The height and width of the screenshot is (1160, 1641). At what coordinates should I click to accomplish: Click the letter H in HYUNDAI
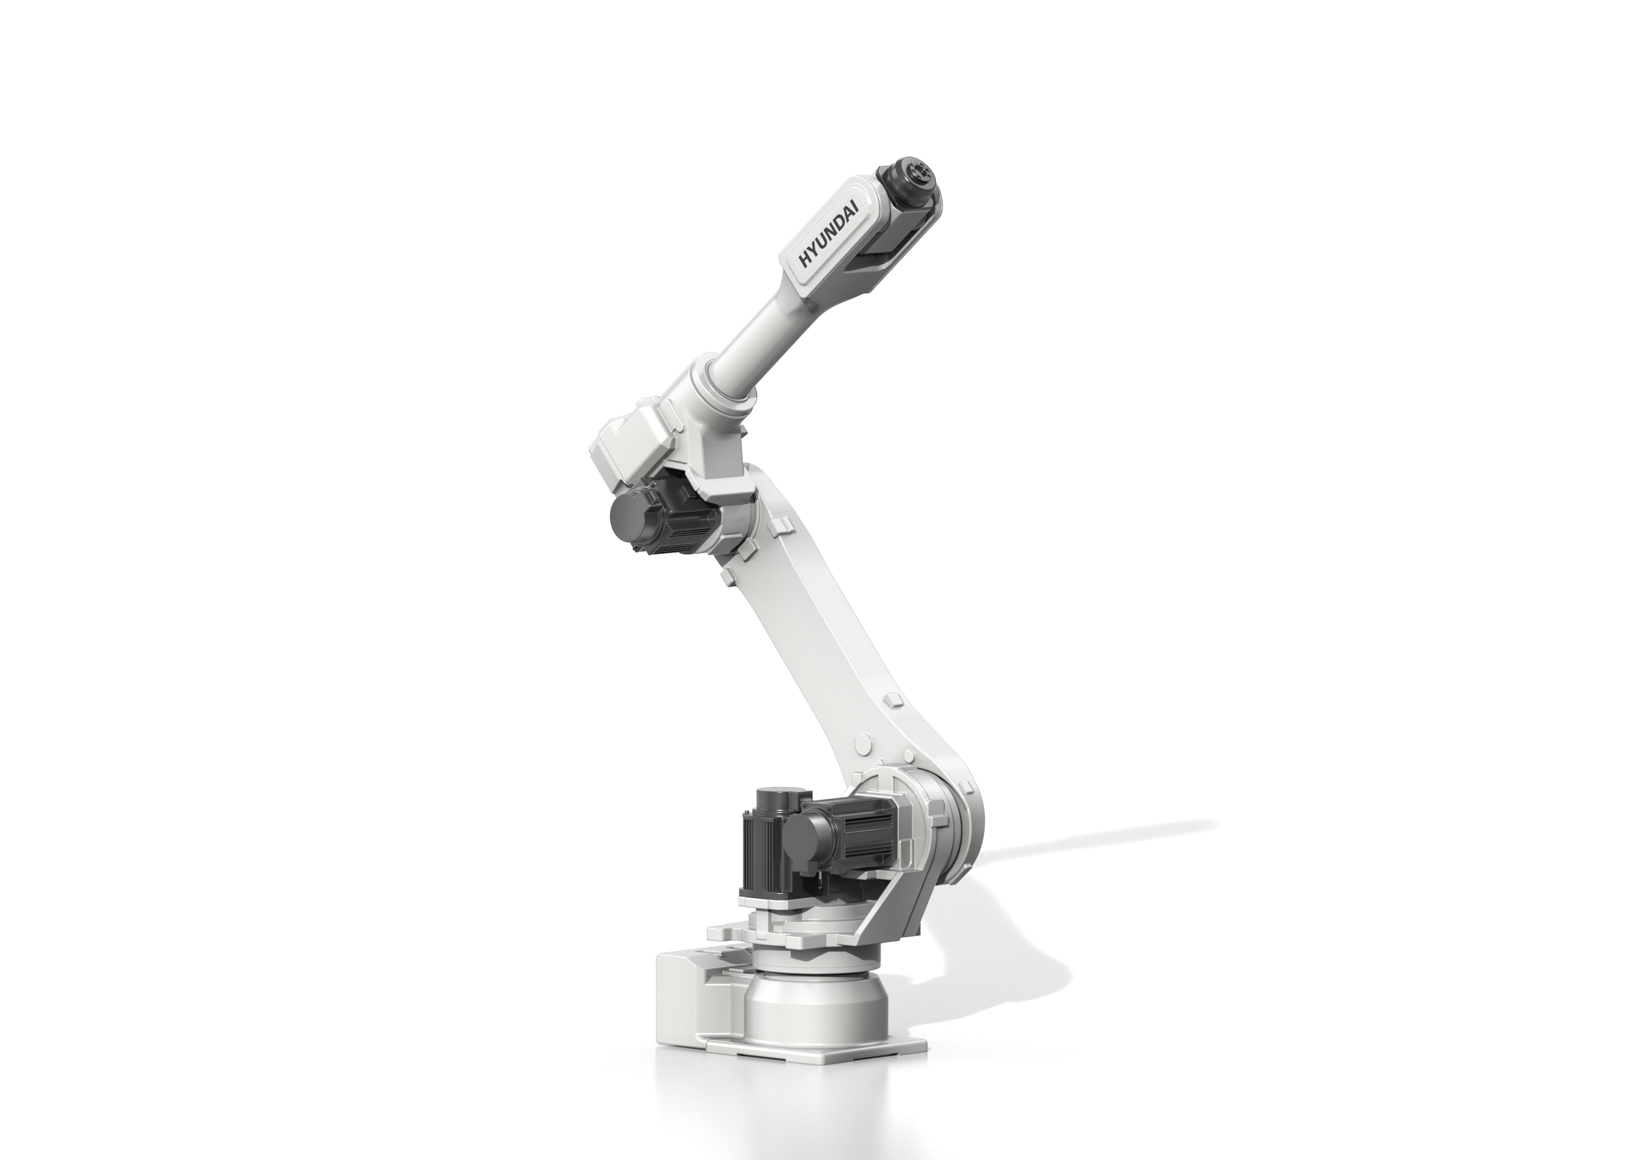(806, 262)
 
